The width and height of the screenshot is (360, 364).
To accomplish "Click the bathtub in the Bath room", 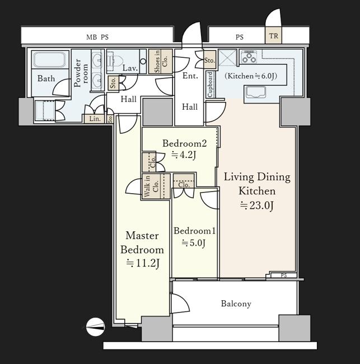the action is point(49,60).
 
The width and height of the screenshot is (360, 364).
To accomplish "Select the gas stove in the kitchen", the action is point(249,57).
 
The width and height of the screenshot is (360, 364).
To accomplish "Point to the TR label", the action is point(273,36).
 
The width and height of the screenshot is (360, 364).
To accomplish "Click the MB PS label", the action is point(97,37).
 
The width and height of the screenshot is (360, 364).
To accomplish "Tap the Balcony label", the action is point(236,304).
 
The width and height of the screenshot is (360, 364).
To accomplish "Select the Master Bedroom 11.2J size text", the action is point(143,263).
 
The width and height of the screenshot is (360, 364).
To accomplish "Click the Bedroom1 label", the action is point(194,231).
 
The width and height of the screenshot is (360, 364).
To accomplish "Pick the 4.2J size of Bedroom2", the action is point(184,155).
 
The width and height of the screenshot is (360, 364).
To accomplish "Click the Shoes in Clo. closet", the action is point(160,61).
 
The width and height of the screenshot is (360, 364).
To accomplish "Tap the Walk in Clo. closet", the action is point(156,186).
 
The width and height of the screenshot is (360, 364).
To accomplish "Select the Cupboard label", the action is point(210,85).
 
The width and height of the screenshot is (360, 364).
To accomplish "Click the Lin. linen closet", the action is point(95,119).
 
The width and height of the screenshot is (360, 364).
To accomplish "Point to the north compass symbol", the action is point(95,326).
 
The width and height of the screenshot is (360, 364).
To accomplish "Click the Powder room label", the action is point(81,73).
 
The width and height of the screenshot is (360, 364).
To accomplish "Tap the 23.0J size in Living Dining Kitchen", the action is point(256,206).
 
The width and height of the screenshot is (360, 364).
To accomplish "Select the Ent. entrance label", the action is point(190,76).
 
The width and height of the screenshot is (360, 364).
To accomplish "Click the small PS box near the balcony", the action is point(284,276).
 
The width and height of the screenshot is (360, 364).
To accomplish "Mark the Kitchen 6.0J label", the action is point(251,76).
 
